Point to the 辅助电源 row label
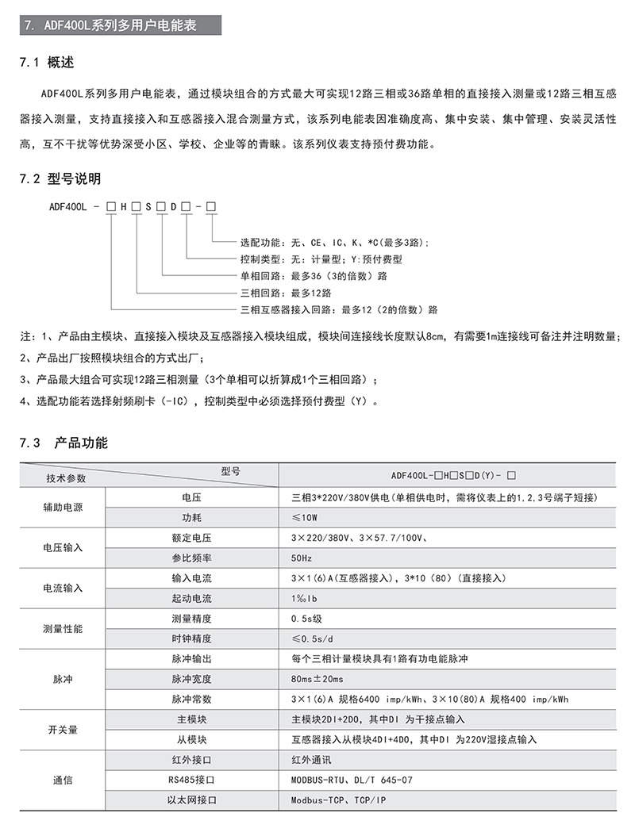point(63,508)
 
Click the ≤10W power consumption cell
point(304,518)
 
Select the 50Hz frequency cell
point(302,558)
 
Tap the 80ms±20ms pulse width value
point(317,679)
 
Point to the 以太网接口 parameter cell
point(192,800)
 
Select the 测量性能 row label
point(63,628)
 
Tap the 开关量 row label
point(63,730)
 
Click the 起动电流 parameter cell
point(192,598)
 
